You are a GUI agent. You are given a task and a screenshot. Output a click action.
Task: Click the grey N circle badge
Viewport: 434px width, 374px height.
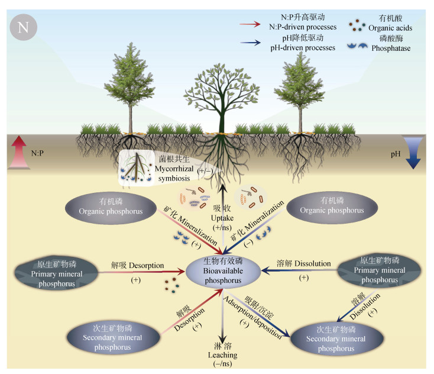tap(22, 28)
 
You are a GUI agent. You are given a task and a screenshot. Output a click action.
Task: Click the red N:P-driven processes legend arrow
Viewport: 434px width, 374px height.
tap(252, 25)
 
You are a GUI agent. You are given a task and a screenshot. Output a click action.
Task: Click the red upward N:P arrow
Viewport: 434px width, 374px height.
tap(19, 152)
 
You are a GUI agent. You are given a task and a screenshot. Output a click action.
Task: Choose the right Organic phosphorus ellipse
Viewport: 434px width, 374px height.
tap(323, 207)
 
